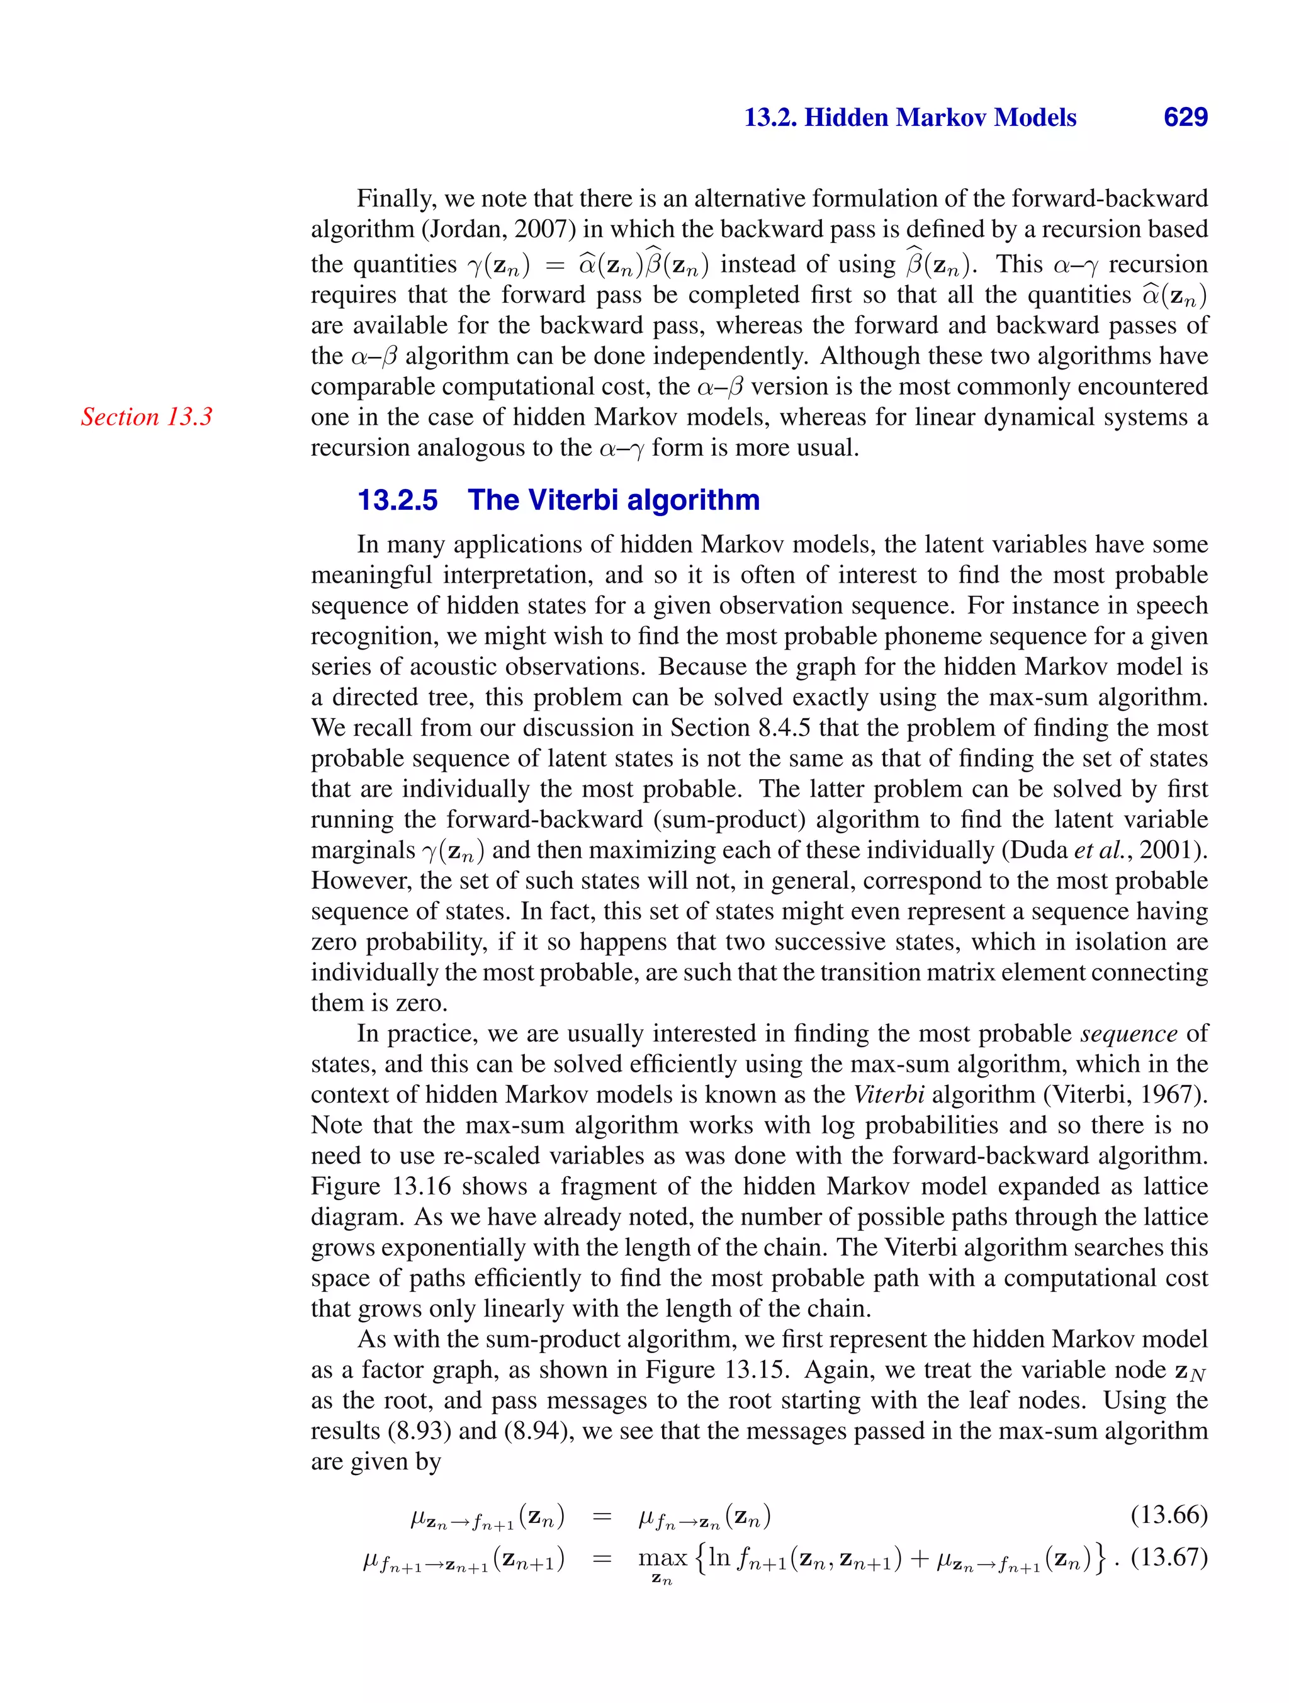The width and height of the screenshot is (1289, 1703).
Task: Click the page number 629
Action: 1185,117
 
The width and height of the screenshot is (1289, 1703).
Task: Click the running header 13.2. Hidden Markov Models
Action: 910,117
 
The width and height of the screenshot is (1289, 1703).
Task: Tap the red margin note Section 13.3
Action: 146,417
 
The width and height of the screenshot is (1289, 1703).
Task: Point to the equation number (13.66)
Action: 1168,1515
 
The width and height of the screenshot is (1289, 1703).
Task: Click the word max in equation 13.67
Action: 661,1558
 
